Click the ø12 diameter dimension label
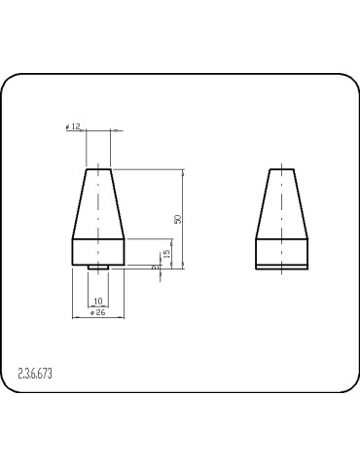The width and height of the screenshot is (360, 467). coord(74,126)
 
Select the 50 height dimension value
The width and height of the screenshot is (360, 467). coord(178,219)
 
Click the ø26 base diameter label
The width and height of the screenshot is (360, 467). coord(97,312)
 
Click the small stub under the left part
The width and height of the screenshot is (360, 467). coord(97,267)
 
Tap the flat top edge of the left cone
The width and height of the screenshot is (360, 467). coord(98,170)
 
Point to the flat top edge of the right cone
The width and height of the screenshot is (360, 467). coord(283,170)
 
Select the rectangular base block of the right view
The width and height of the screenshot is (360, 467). coord(283,249)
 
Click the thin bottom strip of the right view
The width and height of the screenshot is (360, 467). coord(283,265)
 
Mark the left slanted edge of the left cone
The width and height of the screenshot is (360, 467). coord(80,204)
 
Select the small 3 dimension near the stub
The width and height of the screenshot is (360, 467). coord(154,266)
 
